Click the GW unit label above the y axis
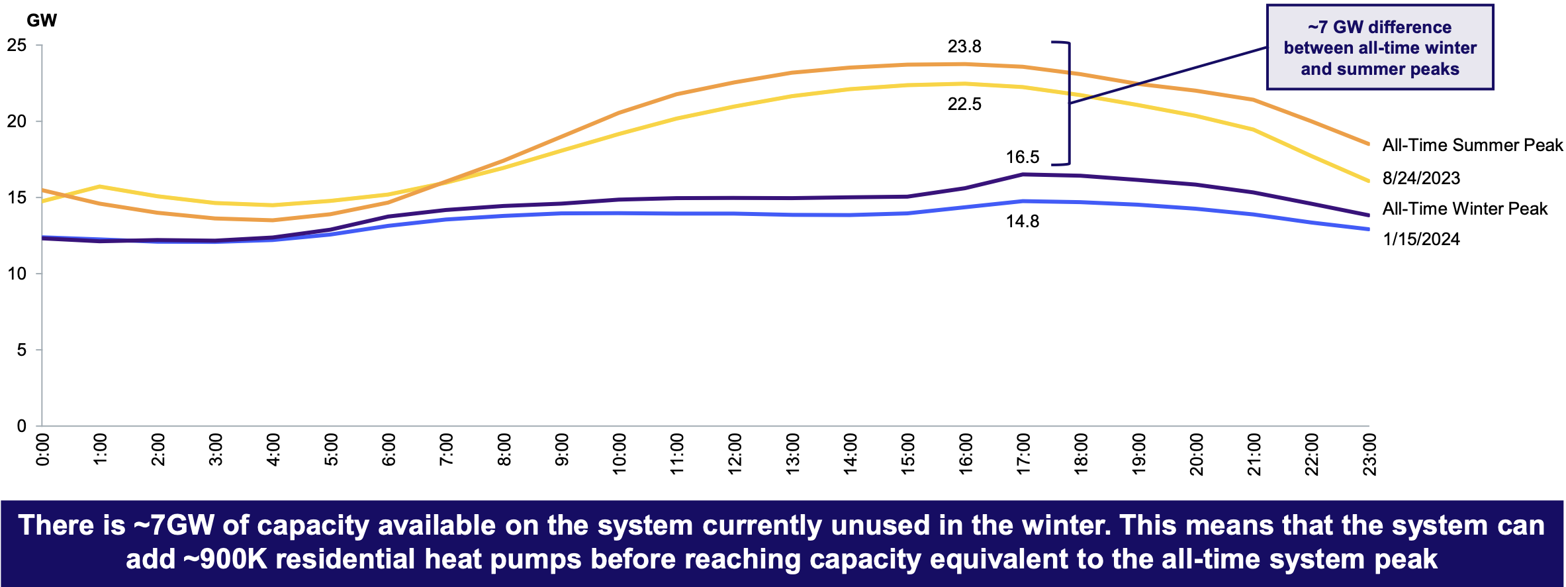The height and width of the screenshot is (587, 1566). tap(42, 21)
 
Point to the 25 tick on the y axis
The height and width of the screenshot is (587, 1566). tap(17, 45)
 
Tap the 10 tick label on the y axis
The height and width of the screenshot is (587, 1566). tap(17, 274)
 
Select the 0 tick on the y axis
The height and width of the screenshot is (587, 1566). tap(22, 426)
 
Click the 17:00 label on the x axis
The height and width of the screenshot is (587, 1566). tap(1023, 454)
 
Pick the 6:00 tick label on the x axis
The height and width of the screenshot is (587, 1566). tap(389, 450)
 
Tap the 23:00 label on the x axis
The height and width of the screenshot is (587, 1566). tap(1369, 454)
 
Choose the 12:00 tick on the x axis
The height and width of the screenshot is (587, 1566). tap(735, 454)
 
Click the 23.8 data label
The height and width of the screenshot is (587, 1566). tap(964, 46)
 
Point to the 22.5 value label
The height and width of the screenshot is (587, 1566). tap(964, 104)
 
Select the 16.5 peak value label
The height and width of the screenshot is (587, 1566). tap(1023, 157)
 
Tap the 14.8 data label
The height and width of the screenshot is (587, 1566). tap(1023, 221)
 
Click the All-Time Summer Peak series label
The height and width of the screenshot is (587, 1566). tap(1473, 145)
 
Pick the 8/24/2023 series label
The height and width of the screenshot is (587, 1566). tap(1421, 178)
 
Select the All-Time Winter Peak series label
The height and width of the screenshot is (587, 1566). tap(1465, 209)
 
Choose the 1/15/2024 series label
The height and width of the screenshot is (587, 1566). tap(1421, 239)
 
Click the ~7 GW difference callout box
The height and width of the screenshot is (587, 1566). tap(1380, 48)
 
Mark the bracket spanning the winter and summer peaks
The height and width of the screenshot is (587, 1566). tap(1068, 103)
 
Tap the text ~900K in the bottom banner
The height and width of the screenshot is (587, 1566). tap(224, 559)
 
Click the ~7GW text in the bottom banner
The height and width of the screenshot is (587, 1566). tap(174, 525)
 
